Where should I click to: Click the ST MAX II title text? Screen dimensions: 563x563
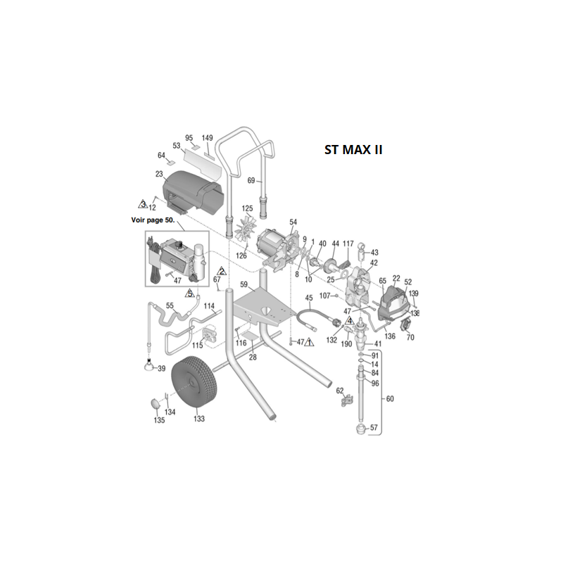(x=353, y=150)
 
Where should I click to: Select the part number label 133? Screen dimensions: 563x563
(x=199, y=419)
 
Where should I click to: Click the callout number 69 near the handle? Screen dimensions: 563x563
(x=252, y=182)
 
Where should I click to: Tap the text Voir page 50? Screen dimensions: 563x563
(x=155, y=221)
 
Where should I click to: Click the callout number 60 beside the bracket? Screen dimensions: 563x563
(x=391, y=399)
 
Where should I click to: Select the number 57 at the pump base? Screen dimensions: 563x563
(x=374, y=427)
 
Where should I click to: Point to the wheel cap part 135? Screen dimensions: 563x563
(x=154, y=403)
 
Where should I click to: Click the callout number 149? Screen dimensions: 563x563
(x=208, y=138)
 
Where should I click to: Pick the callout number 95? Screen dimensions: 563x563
(x=189, y=138)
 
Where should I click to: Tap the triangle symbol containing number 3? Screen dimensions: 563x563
(x=143, y=204)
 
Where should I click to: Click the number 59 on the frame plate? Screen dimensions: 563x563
(x=244, y=285)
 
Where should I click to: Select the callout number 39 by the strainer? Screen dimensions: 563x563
(x=161, y=369)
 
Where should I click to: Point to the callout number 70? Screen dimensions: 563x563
(x=411, y=338)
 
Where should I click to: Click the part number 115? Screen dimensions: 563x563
(x=198, y=345)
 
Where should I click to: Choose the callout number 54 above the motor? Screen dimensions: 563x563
(x=293, y=222)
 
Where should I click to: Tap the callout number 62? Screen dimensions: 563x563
(x=339, y=391)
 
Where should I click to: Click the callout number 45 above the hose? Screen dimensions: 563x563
(x=308, y=298)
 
